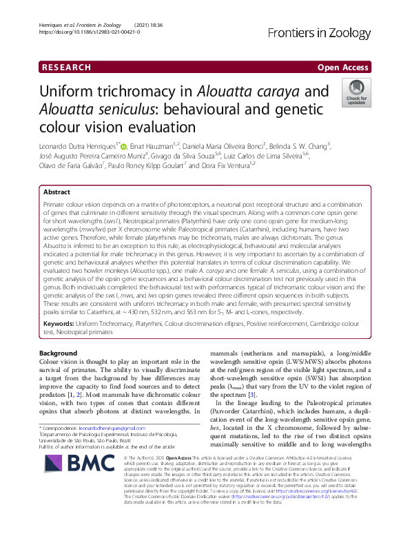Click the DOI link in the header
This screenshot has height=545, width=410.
pyautogui.click(x=86, y=32)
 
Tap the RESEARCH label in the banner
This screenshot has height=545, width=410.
pyautogui.click(x=66, y=68)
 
